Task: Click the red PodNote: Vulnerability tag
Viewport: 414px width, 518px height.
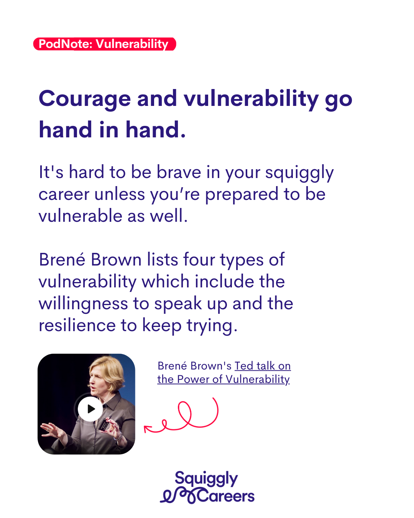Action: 105,44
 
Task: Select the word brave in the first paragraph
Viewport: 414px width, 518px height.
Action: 179,172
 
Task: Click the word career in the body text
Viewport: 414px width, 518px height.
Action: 64,195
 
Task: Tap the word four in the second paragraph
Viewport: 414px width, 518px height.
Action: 199,259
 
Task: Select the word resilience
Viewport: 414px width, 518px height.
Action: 77,325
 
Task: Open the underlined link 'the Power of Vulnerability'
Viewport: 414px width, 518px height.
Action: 223,379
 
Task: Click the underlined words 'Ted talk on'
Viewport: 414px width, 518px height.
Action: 263,366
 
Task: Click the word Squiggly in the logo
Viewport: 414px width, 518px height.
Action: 206,479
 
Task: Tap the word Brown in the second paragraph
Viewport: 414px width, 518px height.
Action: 116,259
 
